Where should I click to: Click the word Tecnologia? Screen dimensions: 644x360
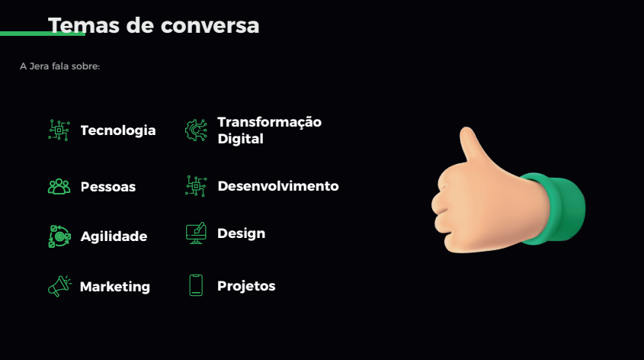tap(118, 130)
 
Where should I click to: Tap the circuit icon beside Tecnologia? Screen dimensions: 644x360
tap(59, 130)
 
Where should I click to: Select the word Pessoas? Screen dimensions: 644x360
tap(108, 187)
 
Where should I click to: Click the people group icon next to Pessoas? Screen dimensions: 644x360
tap(59, 187)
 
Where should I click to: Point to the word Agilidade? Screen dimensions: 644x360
tap(114, 236)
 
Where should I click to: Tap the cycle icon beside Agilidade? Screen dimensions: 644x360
tap(59, 236)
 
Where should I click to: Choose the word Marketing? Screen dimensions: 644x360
tap(115, 287)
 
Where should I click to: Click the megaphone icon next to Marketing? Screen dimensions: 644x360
tap(59, 286)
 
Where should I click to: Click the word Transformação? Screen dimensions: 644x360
tap(270, 123)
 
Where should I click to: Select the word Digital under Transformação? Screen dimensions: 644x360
tap(241, 139)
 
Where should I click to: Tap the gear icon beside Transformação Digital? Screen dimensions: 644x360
tap(196, 130)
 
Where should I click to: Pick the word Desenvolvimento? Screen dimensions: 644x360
tap(278, 186)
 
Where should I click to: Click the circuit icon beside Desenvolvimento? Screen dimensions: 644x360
tap(196, 186)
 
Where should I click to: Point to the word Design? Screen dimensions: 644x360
tap(241, 234)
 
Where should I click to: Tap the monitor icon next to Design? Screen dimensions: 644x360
tap(196, 233)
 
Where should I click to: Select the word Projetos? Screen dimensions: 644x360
tap(246, 286)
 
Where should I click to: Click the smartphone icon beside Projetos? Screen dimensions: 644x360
tap(196, 285)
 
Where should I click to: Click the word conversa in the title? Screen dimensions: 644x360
tap(210, 25)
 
